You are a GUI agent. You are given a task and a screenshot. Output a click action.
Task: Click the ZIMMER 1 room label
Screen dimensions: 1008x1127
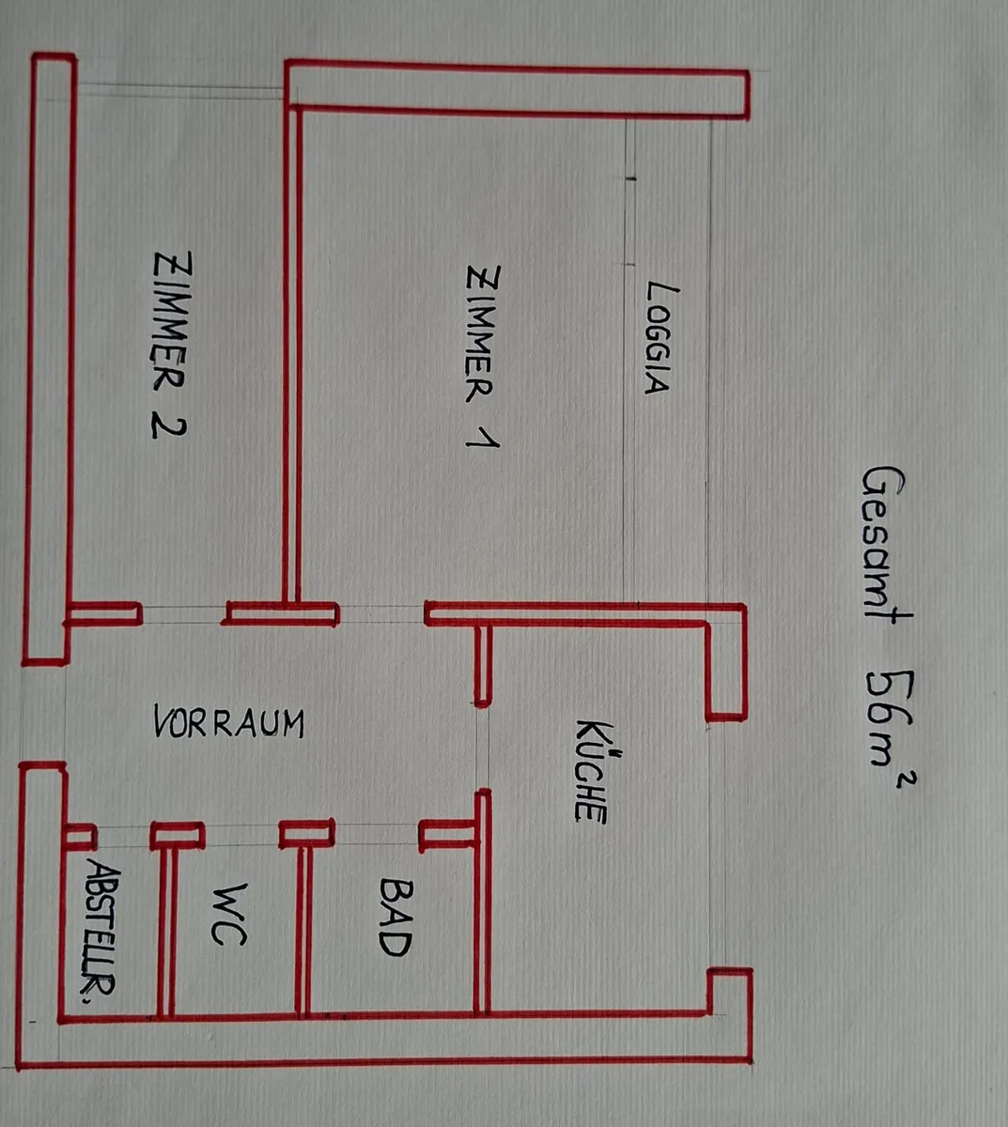(x=483, y=356)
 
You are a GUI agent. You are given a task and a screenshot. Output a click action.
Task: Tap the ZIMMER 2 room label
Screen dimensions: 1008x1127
(x=171, y=345)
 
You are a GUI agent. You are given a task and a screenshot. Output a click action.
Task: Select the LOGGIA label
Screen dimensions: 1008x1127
(x=661, y=338)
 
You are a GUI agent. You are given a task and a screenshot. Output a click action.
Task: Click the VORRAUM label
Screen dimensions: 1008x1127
(x=229, y=722)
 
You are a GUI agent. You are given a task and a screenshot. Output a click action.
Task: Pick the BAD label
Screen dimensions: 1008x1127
(x=395, y=918)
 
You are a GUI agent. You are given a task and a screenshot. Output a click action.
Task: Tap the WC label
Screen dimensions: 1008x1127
(x=229, y=915)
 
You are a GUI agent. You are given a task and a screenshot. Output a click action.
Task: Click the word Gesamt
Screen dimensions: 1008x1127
(x=886, y=548)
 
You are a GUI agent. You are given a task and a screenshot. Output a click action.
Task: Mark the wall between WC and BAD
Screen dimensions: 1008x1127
(x=303, y=930)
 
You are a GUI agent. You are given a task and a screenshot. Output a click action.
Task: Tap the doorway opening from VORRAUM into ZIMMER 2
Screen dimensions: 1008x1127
(x=182, y=614)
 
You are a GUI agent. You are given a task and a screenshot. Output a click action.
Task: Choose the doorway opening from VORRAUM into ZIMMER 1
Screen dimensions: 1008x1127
(x=380, y=613)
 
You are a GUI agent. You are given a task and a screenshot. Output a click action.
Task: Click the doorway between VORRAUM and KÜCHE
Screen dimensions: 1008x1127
(x=483, y=749)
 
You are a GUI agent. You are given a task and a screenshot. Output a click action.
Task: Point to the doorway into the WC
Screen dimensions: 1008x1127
(x=241, y=835)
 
